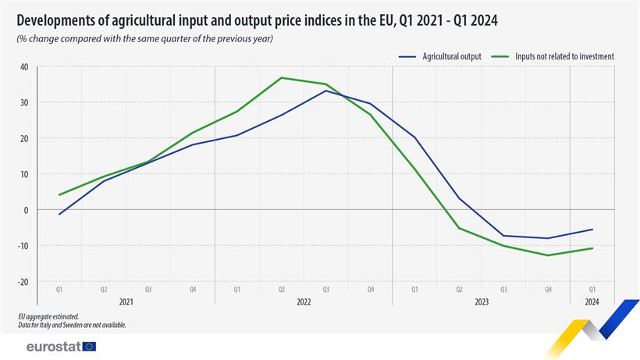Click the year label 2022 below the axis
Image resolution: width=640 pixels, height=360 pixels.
(303, 301)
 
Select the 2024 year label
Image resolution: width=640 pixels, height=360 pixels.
(592, 301)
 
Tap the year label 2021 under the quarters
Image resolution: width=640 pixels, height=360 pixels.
(126, 301)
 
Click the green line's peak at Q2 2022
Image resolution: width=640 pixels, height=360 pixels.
(281, 78)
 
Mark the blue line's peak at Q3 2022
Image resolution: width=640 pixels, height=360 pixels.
(325, 91)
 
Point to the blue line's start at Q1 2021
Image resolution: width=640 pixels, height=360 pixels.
(59, 214)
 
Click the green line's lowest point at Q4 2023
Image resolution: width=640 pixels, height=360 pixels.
(548, 255)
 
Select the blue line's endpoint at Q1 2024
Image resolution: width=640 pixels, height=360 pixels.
(592, 230)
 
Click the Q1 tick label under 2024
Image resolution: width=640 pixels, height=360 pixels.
(592, 289)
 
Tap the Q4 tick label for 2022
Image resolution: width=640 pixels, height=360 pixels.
(370, 289)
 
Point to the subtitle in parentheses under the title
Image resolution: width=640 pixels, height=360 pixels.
(145, 38)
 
